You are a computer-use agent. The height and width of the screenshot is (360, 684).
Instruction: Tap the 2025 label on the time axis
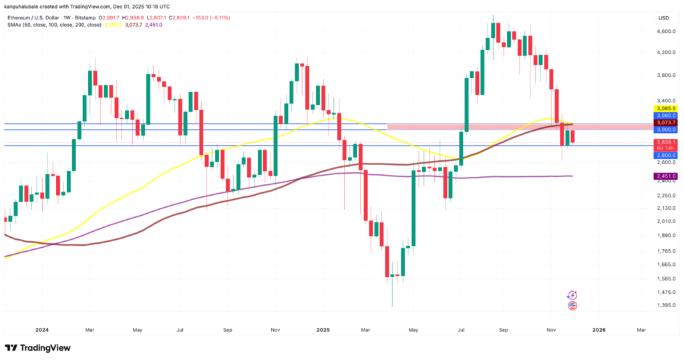(323, 329)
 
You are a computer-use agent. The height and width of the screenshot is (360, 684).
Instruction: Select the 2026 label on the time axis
(599, 329)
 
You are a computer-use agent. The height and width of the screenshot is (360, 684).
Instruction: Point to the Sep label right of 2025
(503, 329)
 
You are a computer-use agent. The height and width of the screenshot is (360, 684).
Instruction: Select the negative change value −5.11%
(221, 18)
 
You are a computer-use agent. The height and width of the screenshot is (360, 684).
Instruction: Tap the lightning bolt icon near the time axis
(572, 295)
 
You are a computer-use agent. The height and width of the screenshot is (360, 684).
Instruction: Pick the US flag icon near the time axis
(572, 306)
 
